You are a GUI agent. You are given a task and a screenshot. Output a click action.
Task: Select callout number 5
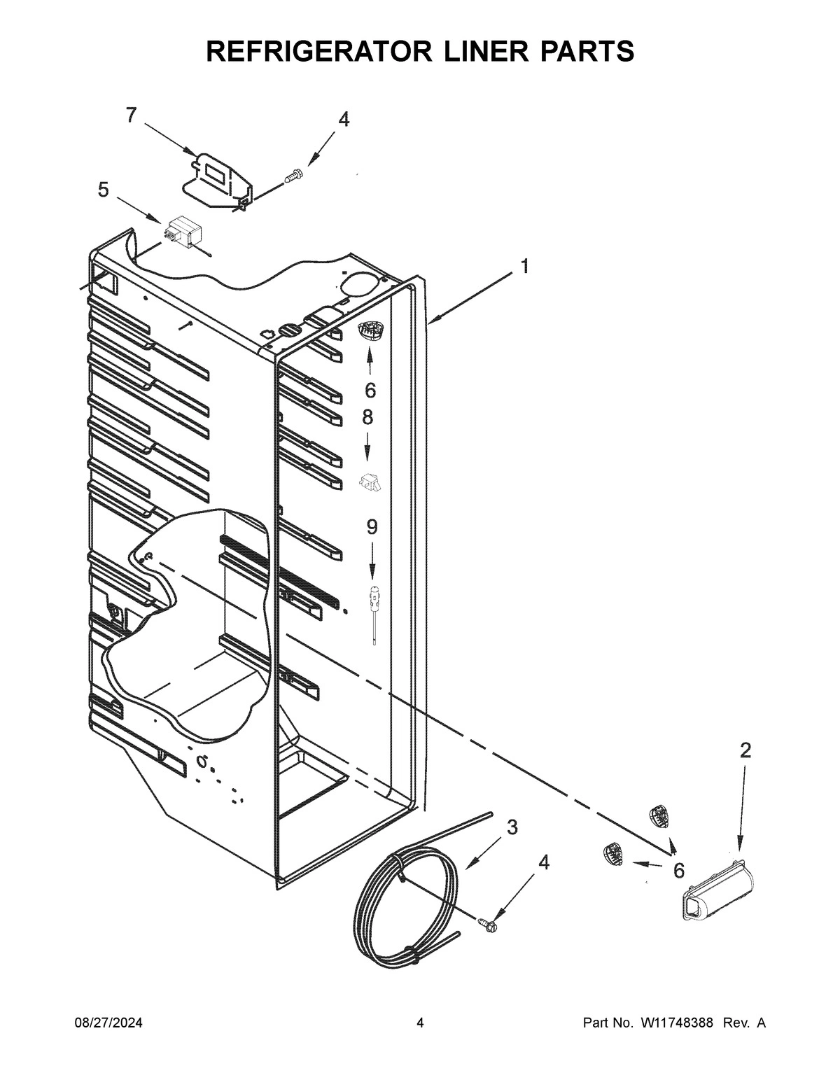[x=103, y=190]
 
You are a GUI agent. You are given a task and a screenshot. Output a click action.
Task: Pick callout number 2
[x=745, y=751]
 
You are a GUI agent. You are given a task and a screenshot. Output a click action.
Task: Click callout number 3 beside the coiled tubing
[x=512, y=827]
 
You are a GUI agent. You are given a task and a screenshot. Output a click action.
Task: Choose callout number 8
[x=367, y=418]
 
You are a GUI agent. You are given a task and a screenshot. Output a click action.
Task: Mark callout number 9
[x=371, y=527]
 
